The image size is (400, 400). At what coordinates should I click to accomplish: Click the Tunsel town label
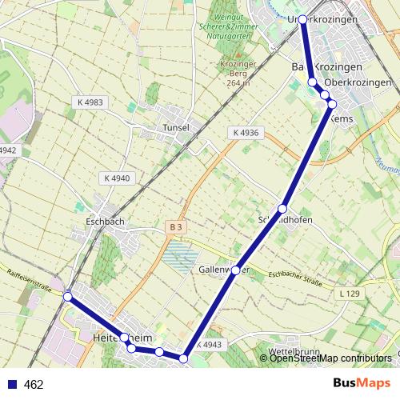pyautogui.click(x=175, y=127)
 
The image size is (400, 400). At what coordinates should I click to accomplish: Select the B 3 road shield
pyautogui.click(x=176, y=227)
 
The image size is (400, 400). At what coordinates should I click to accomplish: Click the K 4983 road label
pyautogui.click(x=91, y=102)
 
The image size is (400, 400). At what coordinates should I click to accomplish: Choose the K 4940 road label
pyautogui.click(x=117, y=178)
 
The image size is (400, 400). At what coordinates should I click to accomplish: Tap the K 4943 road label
pyautogui.click(x=207, y=345)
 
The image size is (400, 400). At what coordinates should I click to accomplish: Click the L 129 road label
pyautogui.click(x=350, y=295)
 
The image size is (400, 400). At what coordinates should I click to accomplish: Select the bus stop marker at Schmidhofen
pyautogui.click(x=282, y=209)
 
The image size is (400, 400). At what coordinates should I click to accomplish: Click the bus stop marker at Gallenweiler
pyautogui.click(x=236, y=270)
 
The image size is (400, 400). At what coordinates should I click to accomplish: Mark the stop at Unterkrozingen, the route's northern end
pyautogui.click(x=302, y=19)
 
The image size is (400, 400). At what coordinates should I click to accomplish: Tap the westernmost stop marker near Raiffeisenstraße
pyautogui.click(x=68, y=297)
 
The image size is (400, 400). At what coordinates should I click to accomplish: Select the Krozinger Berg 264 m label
pyautogui.click(x=234, y=73)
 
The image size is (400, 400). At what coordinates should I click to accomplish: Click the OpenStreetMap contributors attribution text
pyautogui.click(x=330, y=358)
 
